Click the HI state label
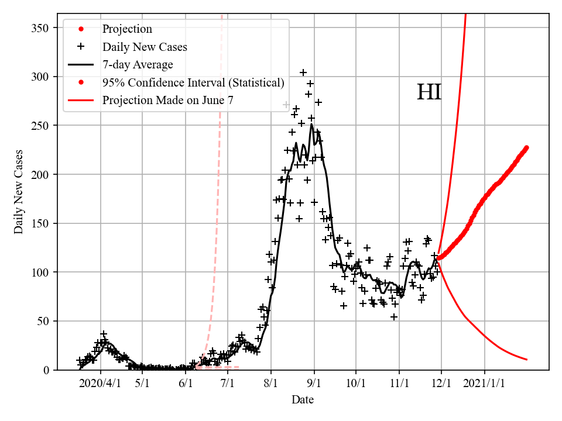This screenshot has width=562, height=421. (x=429, y=93)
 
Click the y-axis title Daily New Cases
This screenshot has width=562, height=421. (x=19, y=191)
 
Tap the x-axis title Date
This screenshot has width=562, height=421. (x=303, y=400)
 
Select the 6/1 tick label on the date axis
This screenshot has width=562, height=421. (x=186, y=384)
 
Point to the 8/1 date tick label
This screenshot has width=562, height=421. (x=271, y=384)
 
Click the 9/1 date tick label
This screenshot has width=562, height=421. (x=314, y=384)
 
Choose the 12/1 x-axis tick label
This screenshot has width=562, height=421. (x=441, y=384)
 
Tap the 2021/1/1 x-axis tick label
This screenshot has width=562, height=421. (x=485, y=384)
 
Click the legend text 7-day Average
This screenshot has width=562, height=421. (x=138, y=64)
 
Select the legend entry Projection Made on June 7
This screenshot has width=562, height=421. (x=168, y=100)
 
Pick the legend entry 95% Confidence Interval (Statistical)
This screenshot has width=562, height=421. (x=193, y=82)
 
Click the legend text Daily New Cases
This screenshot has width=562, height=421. (x=145, y=46)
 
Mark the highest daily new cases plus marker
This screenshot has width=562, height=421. (x=303, y=73)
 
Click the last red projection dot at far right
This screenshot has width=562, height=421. (x=526, y=147)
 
